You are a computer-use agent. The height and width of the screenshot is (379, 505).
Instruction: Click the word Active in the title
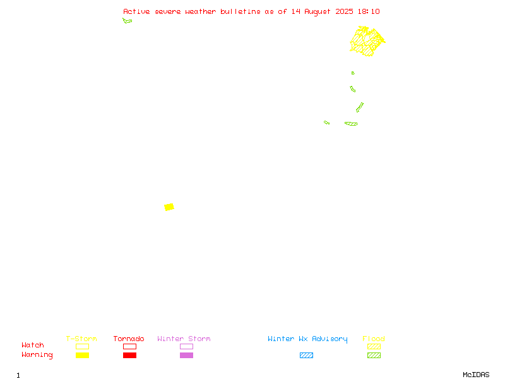coord(136,11)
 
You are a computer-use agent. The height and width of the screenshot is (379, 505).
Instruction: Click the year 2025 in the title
coord(344,11)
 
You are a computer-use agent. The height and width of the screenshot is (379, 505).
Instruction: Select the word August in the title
coord(318,12)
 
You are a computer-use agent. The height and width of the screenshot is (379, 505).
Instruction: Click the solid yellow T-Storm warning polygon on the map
coord(169,207)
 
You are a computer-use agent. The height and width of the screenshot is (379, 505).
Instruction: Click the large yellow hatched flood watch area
coord(367,41)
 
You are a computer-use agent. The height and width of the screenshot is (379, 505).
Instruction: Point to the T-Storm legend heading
coord(81,339)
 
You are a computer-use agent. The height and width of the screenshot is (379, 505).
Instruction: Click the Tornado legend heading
coord(129,339)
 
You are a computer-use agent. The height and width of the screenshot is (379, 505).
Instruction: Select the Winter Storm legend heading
coord(184,339)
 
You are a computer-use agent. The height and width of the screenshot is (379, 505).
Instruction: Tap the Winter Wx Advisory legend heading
coord(307,339)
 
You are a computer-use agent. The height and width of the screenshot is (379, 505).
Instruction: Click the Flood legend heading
coord(374,339)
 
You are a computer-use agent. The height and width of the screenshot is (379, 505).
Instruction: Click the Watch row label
coord(33,345)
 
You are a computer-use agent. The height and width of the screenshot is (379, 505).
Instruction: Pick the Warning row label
coord(37,355)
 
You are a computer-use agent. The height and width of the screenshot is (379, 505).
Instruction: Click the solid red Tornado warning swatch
coord(130,355)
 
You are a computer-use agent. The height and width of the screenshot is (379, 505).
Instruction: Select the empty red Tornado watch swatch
coord(130,346)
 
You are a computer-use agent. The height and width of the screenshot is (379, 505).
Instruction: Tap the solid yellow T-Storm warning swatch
coord(83,355)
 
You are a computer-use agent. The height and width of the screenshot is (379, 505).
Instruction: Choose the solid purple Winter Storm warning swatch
coord(186,355)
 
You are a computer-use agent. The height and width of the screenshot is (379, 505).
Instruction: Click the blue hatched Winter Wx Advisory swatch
coord(306,355)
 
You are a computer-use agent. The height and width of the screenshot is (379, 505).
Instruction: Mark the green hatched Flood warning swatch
coord(374,355)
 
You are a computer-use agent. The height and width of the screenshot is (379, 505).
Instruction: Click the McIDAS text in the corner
coord(476,375)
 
